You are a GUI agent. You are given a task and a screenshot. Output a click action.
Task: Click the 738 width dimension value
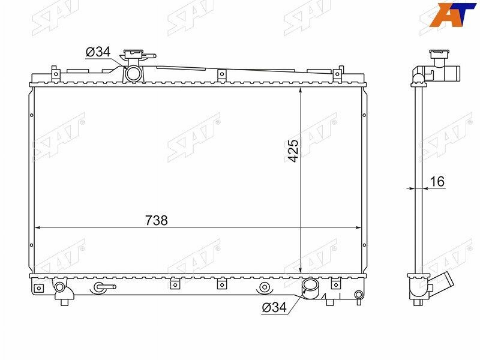click(157, 220)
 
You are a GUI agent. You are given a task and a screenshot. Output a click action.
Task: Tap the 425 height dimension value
click(293, 151)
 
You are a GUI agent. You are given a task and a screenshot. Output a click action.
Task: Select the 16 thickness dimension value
click(437, 182)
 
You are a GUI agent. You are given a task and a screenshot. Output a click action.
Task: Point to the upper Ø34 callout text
click(98, 52)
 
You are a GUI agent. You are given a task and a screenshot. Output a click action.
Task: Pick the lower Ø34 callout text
click(275, 307)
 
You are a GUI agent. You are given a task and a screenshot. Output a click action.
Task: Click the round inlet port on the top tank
click(133, 73)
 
